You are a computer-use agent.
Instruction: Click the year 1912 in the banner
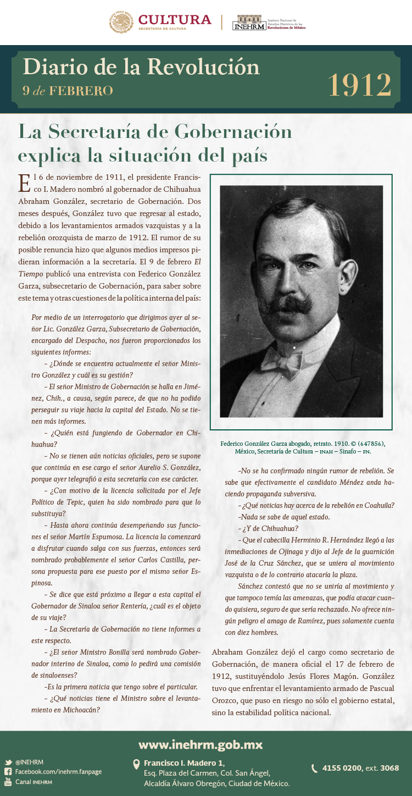pos(360,84)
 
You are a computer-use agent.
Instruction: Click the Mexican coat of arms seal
pos(121,22)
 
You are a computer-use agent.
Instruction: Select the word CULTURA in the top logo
pos(175,20)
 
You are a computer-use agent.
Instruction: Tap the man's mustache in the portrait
pos(284,302)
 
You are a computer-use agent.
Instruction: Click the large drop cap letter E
pos(24,183)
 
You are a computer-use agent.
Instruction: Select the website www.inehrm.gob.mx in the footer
pos(201,745)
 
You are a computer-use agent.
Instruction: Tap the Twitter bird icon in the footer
pos(8,762)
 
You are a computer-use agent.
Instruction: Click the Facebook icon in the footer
pos(8,772)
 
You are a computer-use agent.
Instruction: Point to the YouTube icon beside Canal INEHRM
pos(8,781)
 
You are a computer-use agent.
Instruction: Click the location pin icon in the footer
pos(136,765)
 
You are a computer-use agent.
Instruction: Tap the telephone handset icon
pos(315,768)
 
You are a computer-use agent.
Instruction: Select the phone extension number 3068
pos(389,768)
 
